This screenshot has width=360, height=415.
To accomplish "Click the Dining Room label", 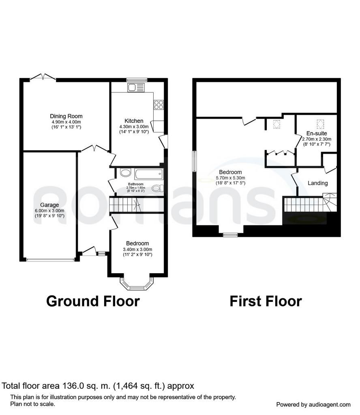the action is pyautogui.click(x=66, y=116).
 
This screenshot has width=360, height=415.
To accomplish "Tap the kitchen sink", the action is pyautogui.click(x=136, y=87).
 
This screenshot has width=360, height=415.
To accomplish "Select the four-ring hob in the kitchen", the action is pyautogui.click(x=159, y=105).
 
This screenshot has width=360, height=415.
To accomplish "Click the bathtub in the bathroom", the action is pyautogui.click(x=149, y=174).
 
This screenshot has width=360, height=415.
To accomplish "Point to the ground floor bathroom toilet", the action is pyautogui.click(x=158, y=188).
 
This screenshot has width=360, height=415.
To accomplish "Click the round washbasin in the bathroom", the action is pyautogui.click(x=125, y=173).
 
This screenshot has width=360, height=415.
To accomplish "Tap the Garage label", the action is pyautogui.click(x=49, y=205).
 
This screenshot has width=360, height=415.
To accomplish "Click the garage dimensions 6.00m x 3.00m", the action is pyautogui.click(x=49, y=211).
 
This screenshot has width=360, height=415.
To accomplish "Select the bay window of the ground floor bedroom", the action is pyautogui.click(x=137, y=283).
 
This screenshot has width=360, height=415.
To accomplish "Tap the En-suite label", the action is pyautogui.click(x=317, y=133).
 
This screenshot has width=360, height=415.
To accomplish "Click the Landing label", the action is pyautogui.click(x=318, y=183).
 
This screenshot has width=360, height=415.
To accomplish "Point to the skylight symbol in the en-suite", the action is pyautogui.click(x=320, y=124).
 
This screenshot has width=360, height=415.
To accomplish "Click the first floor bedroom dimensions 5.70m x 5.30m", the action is pyautogui.click(x=230, y=178).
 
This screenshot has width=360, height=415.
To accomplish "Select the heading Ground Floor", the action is pyautogui.click(x=93, y=301).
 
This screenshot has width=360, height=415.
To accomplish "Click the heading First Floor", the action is pyautogui.click(x=266, y=301).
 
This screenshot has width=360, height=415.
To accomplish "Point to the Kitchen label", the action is pyautogui.click(x=134, y=121).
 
